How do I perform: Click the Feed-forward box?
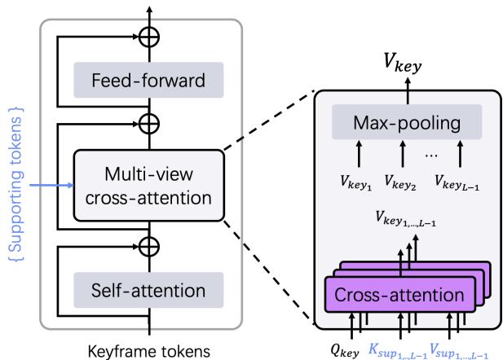tap(148, 81)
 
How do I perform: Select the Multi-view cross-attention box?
tap(148, 184)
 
